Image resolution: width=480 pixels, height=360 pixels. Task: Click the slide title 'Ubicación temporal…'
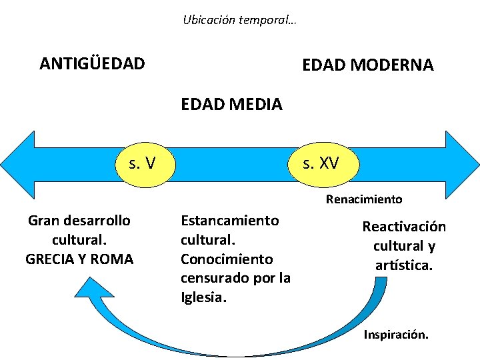(239, 20)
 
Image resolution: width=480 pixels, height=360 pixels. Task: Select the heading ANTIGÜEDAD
(92, 64)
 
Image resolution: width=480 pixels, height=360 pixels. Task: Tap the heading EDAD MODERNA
(367, 65)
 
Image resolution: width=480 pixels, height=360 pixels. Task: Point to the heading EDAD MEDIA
(231, 104)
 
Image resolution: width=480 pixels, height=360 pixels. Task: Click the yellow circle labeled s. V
(145, 162)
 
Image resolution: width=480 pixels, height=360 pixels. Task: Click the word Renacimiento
(364, 199)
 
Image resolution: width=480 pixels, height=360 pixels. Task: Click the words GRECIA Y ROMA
(79, 259)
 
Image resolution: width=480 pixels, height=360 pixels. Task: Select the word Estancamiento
(230, 220)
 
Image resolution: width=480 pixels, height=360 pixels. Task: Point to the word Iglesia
(203, 297)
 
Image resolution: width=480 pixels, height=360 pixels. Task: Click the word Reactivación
(404, 227)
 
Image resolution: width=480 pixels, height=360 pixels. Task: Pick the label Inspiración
(396, 335)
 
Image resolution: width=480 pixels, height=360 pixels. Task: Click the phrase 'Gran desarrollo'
(79, 220)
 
